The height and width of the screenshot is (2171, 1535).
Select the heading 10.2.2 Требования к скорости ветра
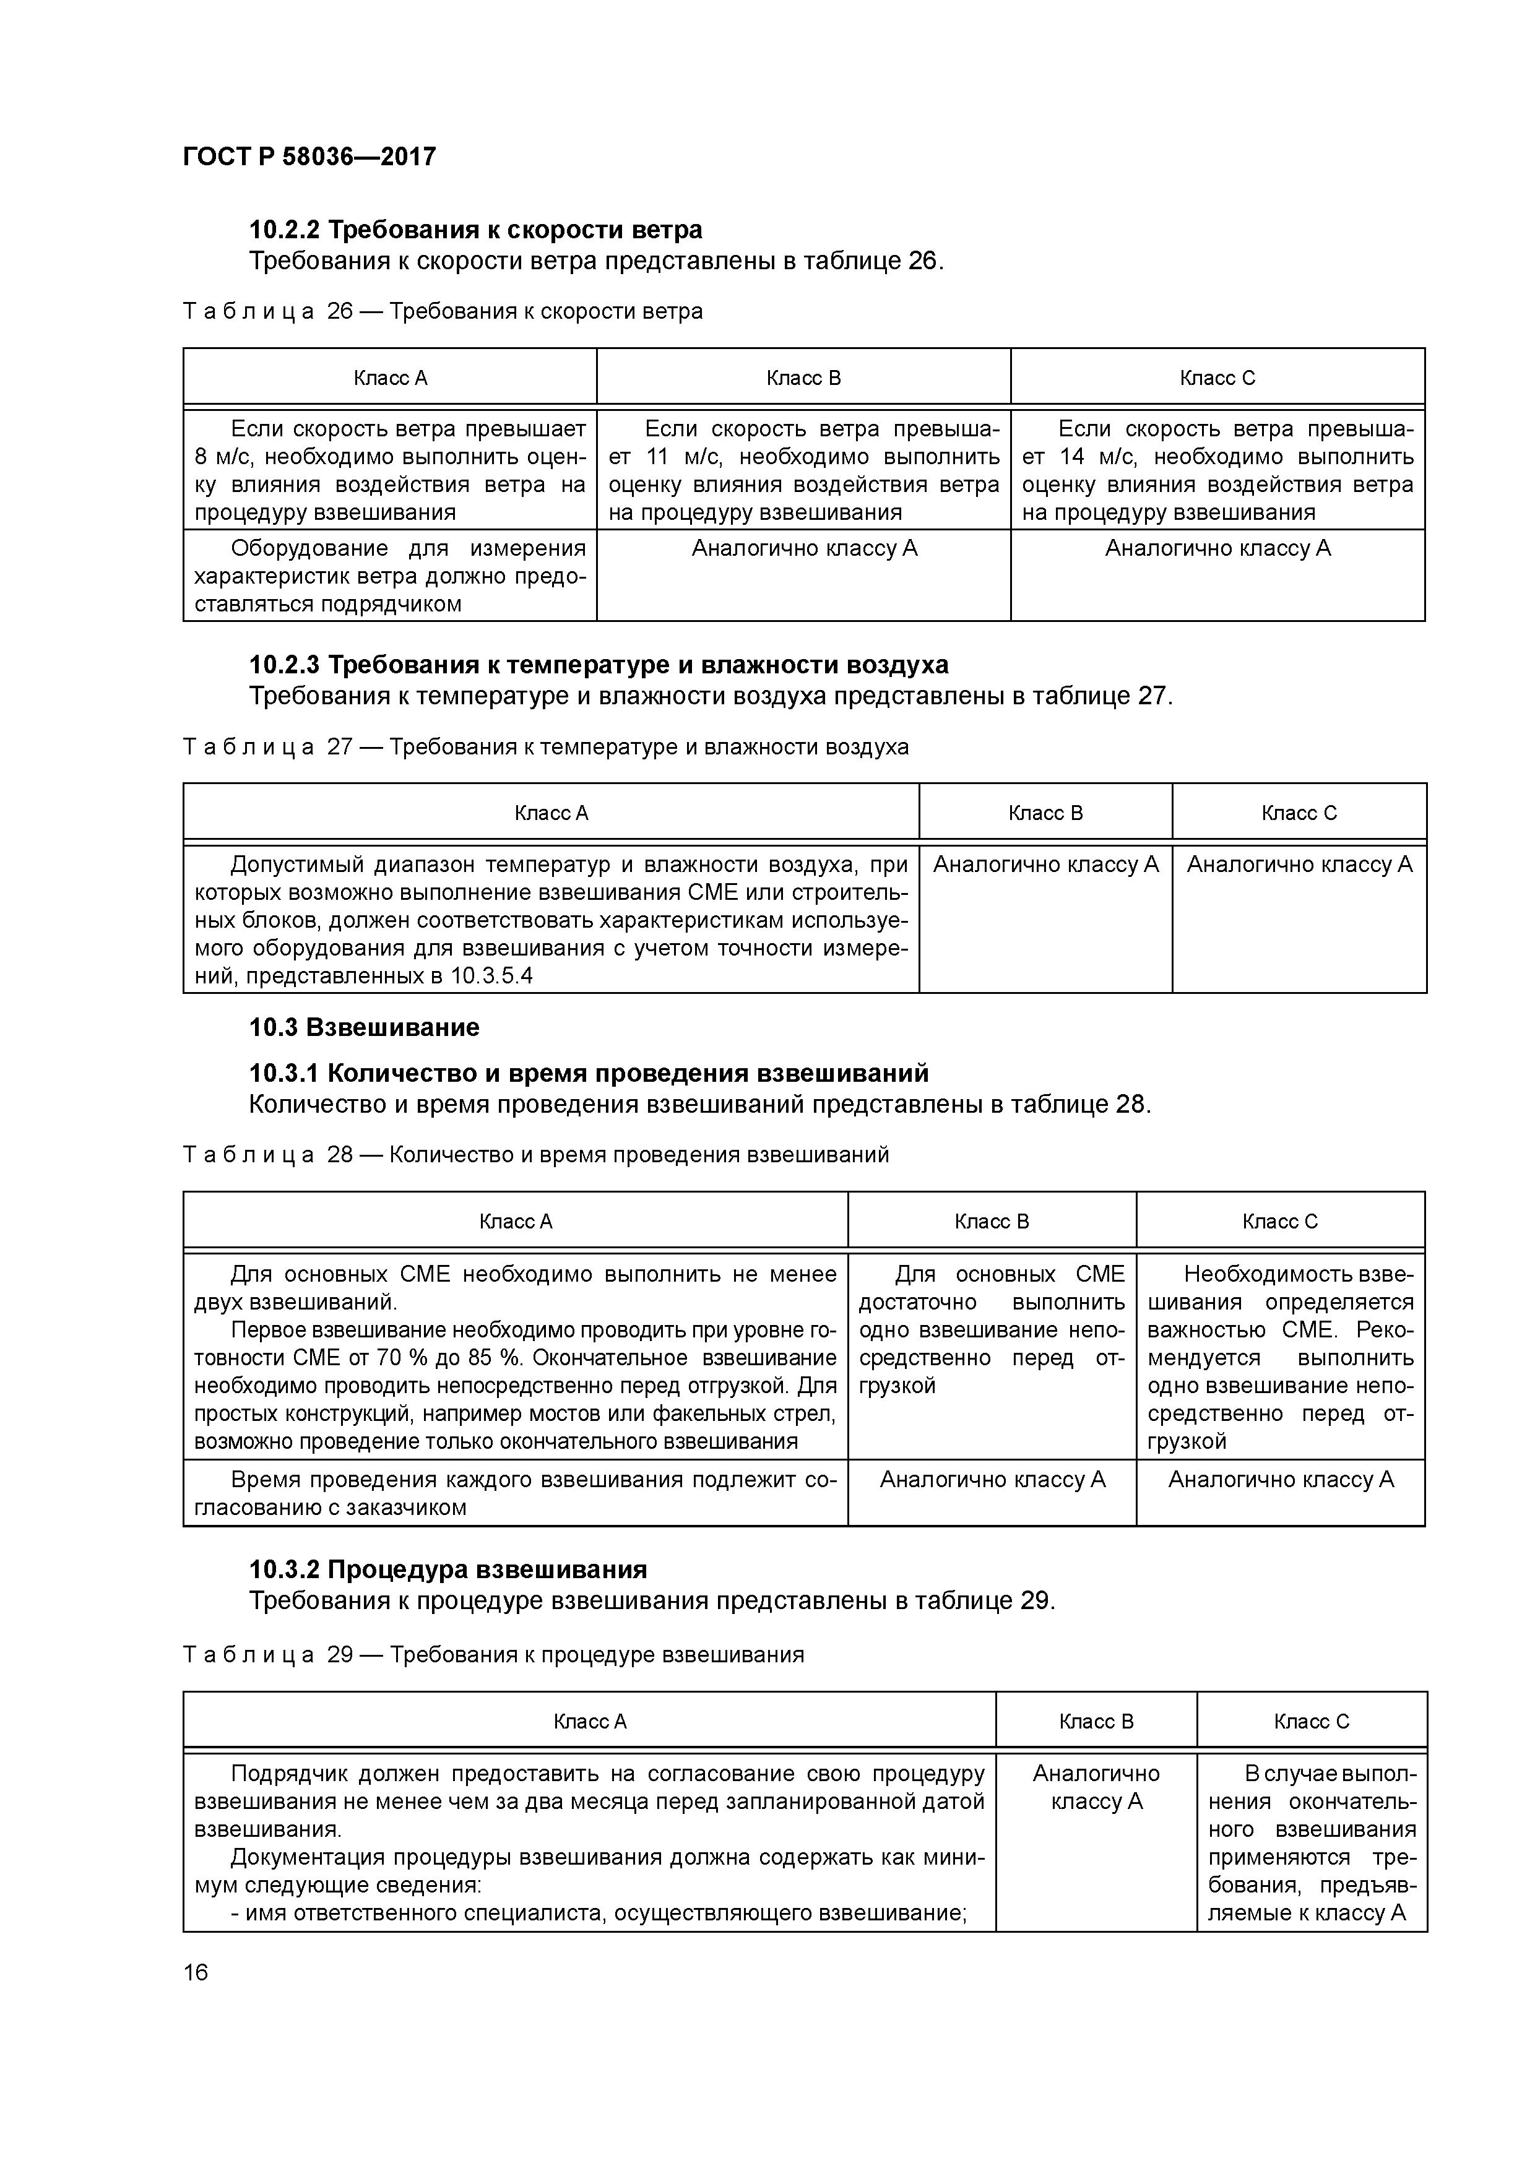[x=476, y=230]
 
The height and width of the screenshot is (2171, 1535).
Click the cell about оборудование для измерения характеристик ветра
[x=390, y=576]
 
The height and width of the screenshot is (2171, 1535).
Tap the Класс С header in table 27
[x=1299, y=813]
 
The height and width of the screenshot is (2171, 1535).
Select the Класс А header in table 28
[x=516, y=1222]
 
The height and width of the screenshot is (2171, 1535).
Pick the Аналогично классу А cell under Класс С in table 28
[x=1281, y=1480]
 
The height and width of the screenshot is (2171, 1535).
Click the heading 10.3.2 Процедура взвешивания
[x=448, y=1569]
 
